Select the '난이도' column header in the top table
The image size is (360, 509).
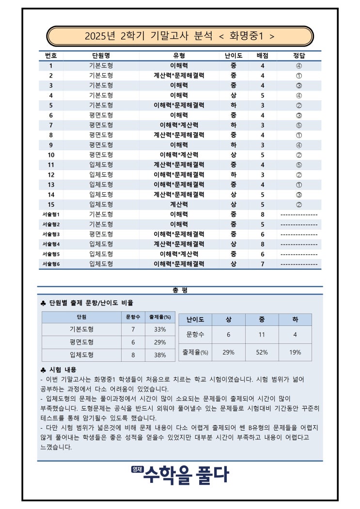coord(234,56)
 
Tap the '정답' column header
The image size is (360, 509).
coord(299,56)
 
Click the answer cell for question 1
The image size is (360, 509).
coord(299,66)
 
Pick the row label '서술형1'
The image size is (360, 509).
coord(51,215)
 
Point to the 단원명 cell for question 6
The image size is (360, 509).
coord(101,115)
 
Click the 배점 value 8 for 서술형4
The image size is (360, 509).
coord(263,244)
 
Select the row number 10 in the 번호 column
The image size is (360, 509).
coord(51,155)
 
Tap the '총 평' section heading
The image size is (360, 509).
coord(180,291)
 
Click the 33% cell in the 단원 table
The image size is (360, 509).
coord(160,330)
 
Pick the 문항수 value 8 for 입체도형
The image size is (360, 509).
coord(133,355)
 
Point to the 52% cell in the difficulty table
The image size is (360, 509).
coord(262,352)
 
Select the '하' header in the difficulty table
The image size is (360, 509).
coord(295,320)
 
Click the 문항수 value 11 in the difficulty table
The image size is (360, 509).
coord(262,335)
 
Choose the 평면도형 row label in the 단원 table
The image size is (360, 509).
coord(81,342)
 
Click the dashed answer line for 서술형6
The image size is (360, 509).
coord(299,264)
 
